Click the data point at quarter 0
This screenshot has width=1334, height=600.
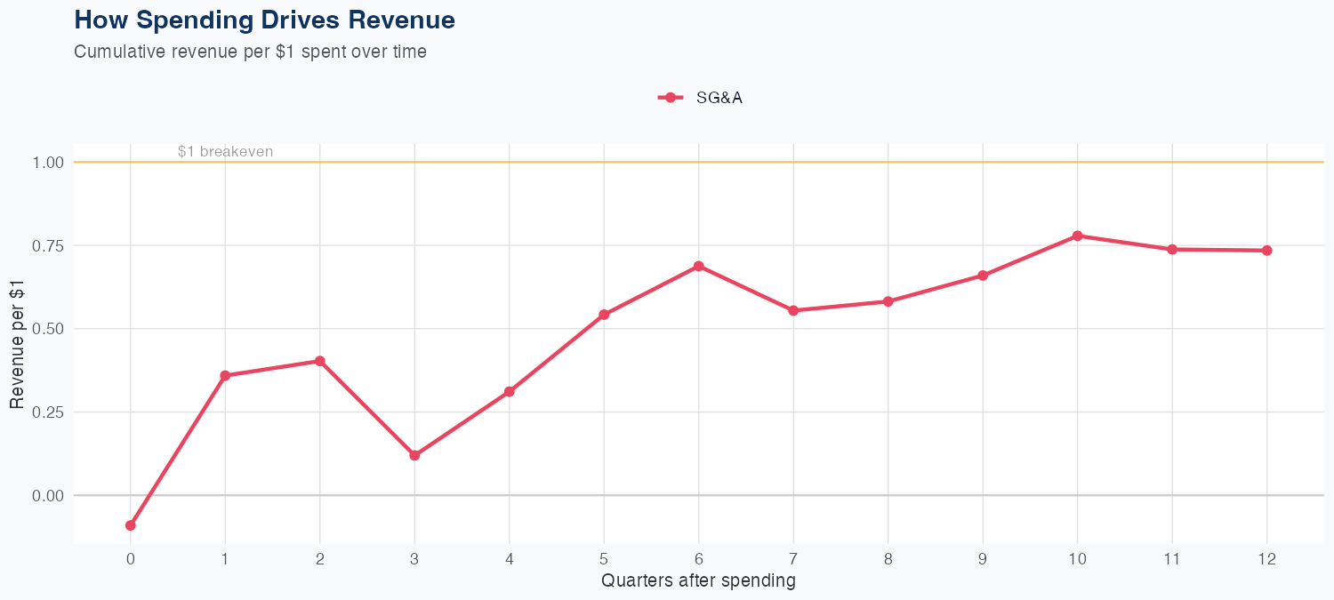tap(131, 525)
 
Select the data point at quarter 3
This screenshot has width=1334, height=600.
tap(414, 455)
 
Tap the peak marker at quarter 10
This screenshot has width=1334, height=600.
tap(1078, 236)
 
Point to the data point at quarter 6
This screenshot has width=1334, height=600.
tap(699, 266)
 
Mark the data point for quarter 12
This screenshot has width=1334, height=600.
tap(1267, 251)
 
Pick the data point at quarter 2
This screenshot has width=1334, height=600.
tap(319, 361)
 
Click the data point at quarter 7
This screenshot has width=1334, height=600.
tap(793, 310)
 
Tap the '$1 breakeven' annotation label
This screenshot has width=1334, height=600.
tap(225, 152)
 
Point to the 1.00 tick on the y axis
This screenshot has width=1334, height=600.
tap(48, 163)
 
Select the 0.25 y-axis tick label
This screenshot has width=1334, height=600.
tap(48, 412)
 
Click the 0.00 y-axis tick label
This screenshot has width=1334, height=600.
tap(48, 495)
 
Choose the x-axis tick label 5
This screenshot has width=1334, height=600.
tap(604, 559)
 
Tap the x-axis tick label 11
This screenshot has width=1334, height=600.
tap(1172, 559)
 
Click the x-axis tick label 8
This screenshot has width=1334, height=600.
tap(888, 559)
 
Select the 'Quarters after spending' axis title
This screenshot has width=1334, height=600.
tap(698, 581)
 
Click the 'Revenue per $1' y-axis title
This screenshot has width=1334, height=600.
tap(17, 343)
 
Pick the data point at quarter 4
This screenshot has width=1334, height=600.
tap(510, 392)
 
